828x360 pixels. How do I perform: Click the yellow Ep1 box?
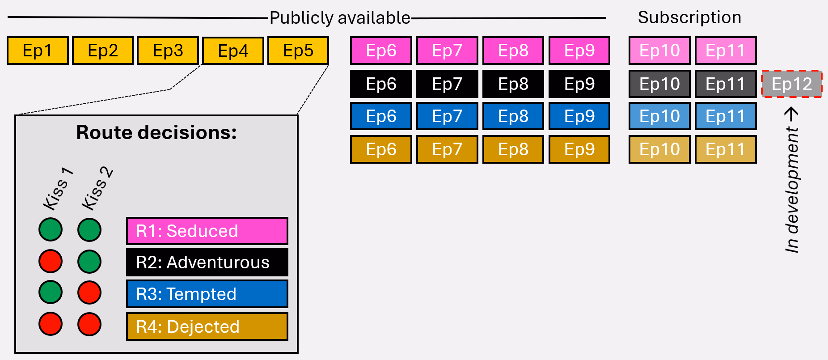[x=38, y=51]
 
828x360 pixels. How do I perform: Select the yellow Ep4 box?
[x=233, y=51]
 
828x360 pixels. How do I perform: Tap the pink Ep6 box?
[x=381, y=51]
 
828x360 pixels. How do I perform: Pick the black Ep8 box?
[x=513, y=84]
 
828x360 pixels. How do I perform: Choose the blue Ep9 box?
[x=579, y=116]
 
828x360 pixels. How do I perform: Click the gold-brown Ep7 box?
[x=447, y=149]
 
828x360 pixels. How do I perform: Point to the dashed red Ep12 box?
[x=792, y=84]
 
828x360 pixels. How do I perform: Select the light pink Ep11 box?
[x=725, y=51]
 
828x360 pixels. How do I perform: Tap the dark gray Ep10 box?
[x=659, y=84]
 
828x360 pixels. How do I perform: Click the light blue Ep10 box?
[x=659, y=116]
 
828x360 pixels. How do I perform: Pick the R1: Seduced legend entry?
[x=207, y=231]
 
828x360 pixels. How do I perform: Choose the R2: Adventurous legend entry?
[x=207, y=263]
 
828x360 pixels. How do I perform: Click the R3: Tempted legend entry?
[x=207, y=294]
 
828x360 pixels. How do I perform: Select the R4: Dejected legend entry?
[x=207, y=326]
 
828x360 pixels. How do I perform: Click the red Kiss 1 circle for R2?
[x=51, y=261]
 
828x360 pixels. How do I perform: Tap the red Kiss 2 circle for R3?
[x=89, y=292]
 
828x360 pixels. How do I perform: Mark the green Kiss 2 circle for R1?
[x=89, y=230]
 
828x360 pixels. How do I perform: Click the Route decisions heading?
[x=156, y=132]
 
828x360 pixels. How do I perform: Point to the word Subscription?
[x=689, y=17]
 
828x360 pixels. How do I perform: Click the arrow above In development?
[x=791, y=114]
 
